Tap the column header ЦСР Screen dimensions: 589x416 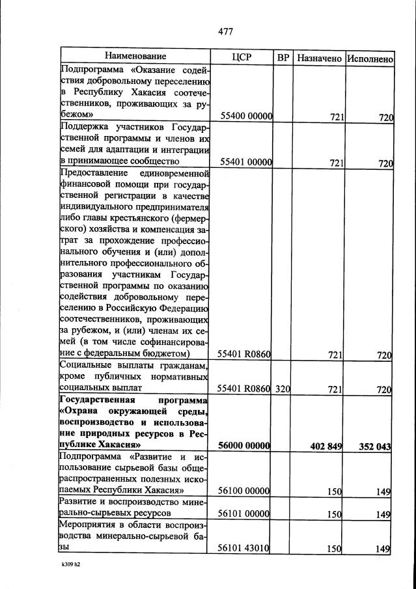(241, 57)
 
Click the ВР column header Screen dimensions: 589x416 (283, 57)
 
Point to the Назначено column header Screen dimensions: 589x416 (319, 58)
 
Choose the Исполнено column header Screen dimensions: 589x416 (370, 58)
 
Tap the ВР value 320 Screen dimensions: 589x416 (283, 389)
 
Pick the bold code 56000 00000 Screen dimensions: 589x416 (245, 446)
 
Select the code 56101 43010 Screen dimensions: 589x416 (245, 549)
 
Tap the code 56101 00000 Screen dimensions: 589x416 (245, 514)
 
